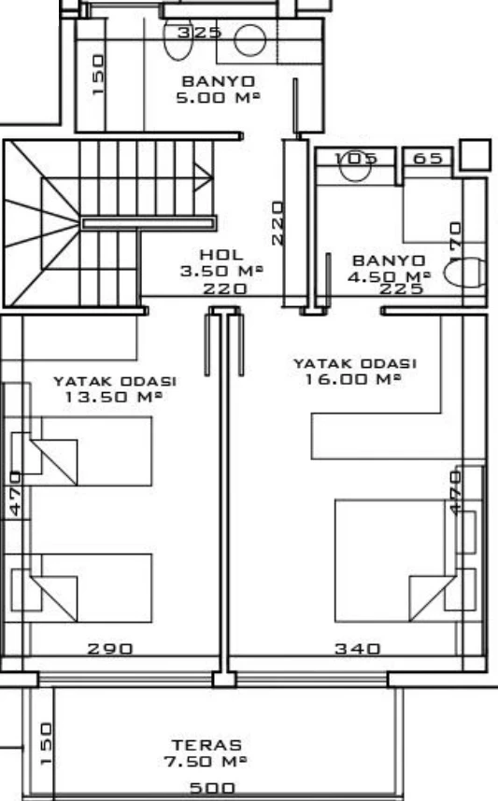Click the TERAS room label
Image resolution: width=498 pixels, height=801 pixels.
(x=206, y=745)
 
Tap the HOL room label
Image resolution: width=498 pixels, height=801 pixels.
(x=221, y=255)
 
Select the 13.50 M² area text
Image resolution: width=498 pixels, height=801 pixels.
(x=114, y=397)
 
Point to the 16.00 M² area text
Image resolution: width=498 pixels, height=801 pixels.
(x=353, y=379)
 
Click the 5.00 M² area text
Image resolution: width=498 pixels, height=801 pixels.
(x=219, y=97)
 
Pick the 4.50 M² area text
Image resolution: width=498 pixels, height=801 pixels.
(x=389, y=276)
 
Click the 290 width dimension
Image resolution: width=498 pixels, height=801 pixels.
(x=110, y=649)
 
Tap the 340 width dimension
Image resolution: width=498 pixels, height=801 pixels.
(x=358, y=649)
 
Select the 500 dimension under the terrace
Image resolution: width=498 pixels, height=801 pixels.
(x=212, y=788)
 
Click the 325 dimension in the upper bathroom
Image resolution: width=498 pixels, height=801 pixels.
(x=199, y=33)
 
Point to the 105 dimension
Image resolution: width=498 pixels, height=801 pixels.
(x=356, y=159)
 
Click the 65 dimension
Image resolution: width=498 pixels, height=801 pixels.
(x=427, y=159)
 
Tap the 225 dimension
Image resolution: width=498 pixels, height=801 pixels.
(x=402, y=288)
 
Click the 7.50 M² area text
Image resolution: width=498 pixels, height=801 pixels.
(x=206, y=761)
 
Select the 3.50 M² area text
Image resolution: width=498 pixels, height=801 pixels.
(x=221, y=271)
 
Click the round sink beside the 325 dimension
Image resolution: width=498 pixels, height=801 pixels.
(x=250, y=39)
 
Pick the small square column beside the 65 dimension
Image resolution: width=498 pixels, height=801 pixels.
(x=476, y=154)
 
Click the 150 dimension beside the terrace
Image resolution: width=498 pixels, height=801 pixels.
(x=46, y=743)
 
